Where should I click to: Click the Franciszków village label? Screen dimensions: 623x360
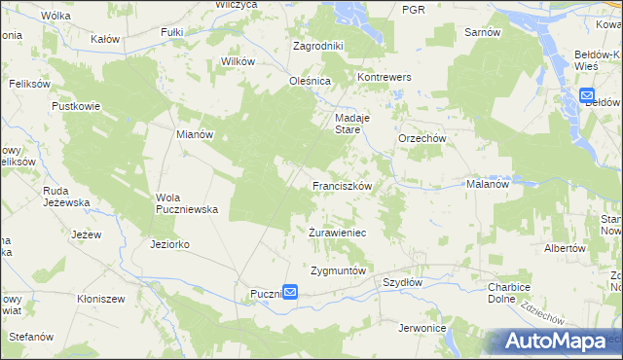point(342,184)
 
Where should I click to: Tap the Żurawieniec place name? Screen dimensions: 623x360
point(337,234)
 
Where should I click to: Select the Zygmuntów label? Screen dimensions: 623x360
point(337,270)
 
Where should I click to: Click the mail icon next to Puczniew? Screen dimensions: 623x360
point(290,292)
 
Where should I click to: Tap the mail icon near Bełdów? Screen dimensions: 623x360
point(587,96)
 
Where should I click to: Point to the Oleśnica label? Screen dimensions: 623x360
point(311,81)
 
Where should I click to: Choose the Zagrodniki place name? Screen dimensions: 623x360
point(318,46)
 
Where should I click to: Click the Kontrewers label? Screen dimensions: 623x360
point(385,77)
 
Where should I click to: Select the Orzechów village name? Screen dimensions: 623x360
point(421,139)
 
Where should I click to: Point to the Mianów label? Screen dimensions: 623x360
point(194,135)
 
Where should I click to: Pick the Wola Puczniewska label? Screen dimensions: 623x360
point(187,202)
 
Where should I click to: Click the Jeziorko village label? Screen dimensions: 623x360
point(170,243)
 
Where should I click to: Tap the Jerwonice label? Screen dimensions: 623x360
point(421,328)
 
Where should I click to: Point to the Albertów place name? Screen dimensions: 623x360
point(565,248)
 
